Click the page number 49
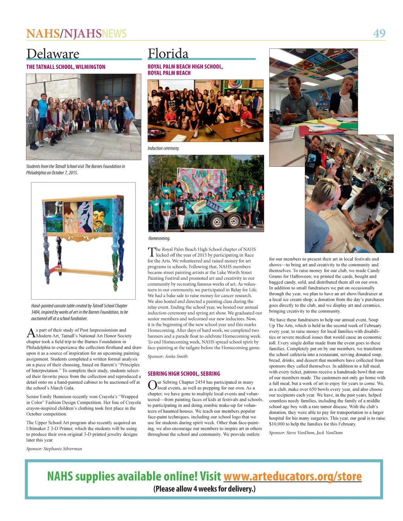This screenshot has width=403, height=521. pos(379,33)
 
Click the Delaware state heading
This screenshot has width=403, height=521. pos(53,54)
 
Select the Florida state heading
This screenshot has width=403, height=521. pos(168,54)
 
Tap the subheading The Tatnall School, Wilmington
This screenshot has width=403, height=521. pos(66,67)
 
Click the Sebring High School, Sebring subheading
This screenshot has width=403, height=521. pos(184,373)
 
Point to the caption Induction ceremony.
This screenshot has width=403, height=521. pos(163,148)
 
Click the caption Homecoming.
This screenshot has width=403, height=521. pos(159,238)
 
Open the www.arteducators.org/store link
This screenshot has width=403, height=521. pos(292,476)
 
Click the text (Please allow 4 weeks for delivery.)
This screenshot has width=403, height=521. pos(204,489)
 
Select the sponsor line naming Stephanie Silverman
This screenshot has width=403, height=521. pos(54,449)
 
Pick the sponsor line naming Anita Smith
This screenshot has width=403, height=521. pos(168,356)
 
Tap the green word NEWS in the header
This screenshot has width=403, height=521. pos(114,33)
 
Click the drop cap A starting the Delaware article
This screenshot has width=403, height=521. pos(31,333)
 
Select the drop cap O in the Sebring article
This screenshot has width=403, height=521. pos(152,385)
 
